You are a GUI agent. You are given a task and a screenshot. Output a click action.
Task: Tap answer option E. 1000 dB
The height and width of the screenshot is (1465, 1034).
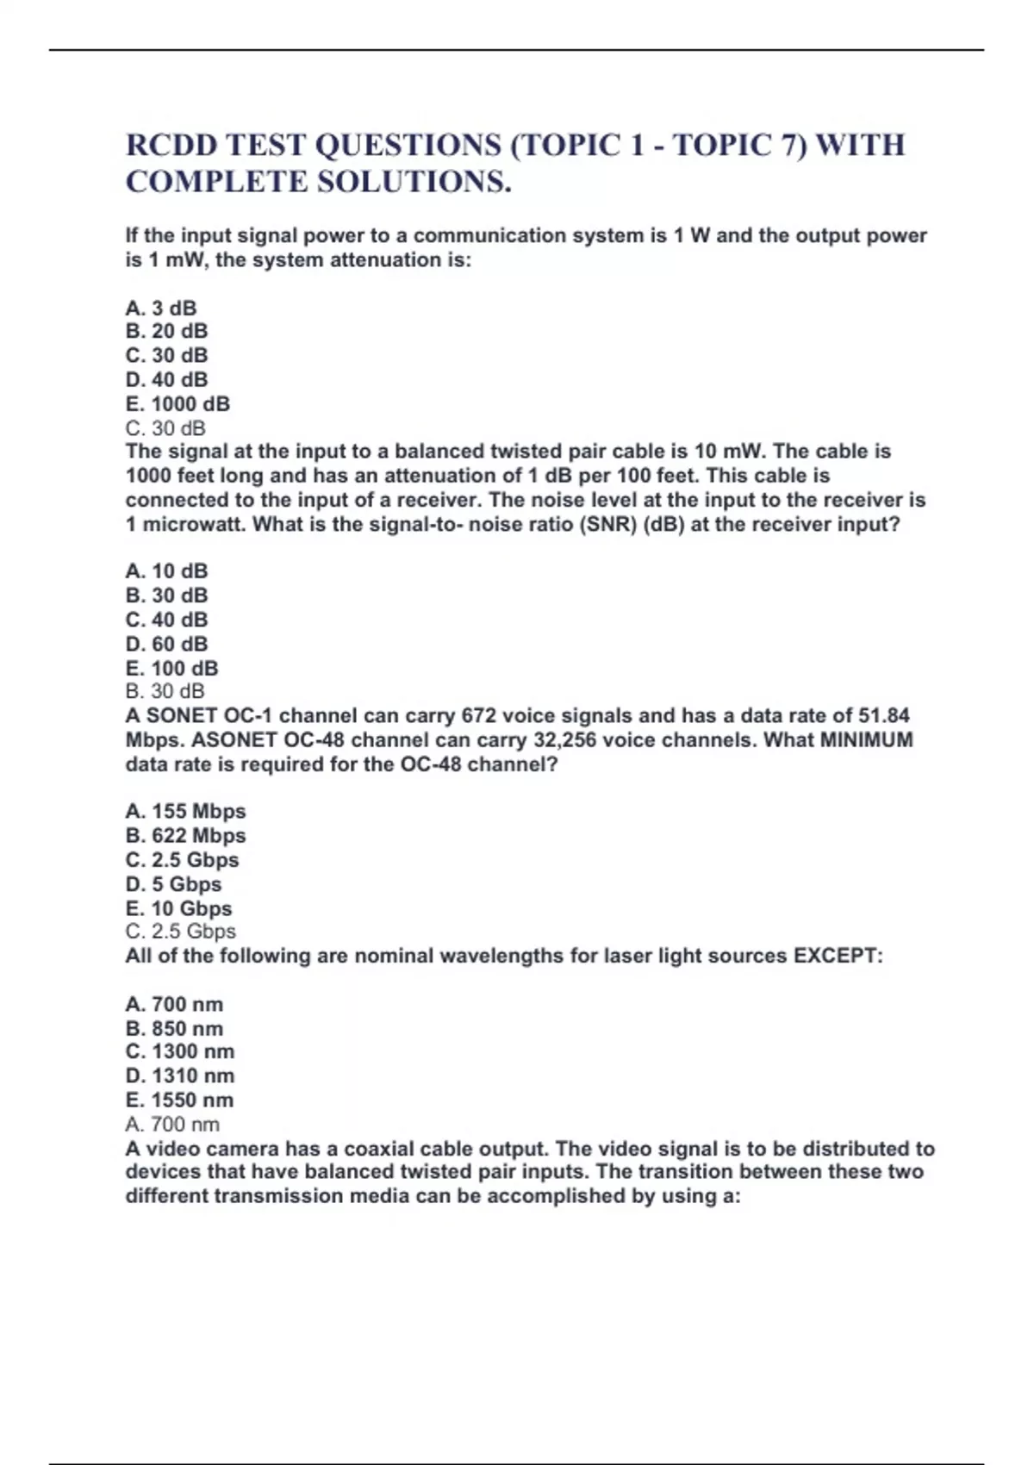click(178, 403)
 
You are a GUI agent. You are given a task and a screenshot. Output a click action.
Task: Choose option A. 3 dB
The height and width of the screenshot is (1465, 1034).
click(161, 308)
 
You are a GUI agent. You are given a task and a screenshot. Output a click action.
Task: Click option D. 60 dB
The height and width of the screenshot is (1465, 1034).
click(166, 644)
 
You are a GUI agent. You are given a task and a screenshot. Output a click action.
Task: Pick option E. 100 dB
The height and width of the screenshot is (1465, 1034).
click(171, 668)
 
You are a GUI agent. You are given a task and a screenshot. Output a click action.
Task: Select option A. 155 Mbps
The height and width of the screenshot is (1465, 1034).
click(185, 811)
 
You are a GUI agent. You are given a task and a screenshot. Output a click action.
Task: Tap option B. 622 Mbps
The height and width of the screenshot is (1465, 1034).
click(185, 835)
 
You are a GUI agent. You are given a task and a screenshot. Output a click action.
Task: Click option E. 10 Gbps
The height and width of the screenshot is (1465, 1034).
click(178, 908)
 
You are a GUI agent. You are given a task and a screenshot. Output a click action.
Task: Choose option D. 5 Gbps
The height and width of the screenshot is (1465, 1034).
click(173, 884)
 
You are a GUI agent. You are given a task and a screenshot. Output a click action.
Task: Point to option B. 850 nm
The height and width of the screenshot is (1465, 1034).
click(174, 1028)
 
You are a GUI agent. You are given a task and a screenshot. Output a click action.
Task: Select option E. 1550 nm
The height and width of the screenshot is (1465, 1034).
click(179, 1100)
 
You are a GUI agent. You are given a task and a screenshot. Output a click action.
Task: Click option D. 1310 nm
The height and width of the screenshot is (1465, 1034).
click(179, 1075)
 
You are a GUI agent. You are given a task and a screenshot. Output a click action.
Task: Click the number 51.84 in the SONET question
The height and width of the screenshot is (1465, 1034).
click(884, 715)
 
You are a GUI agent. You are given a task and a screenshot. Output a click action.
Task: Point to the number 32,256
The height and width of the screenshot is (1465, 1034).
click(562, 739)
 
